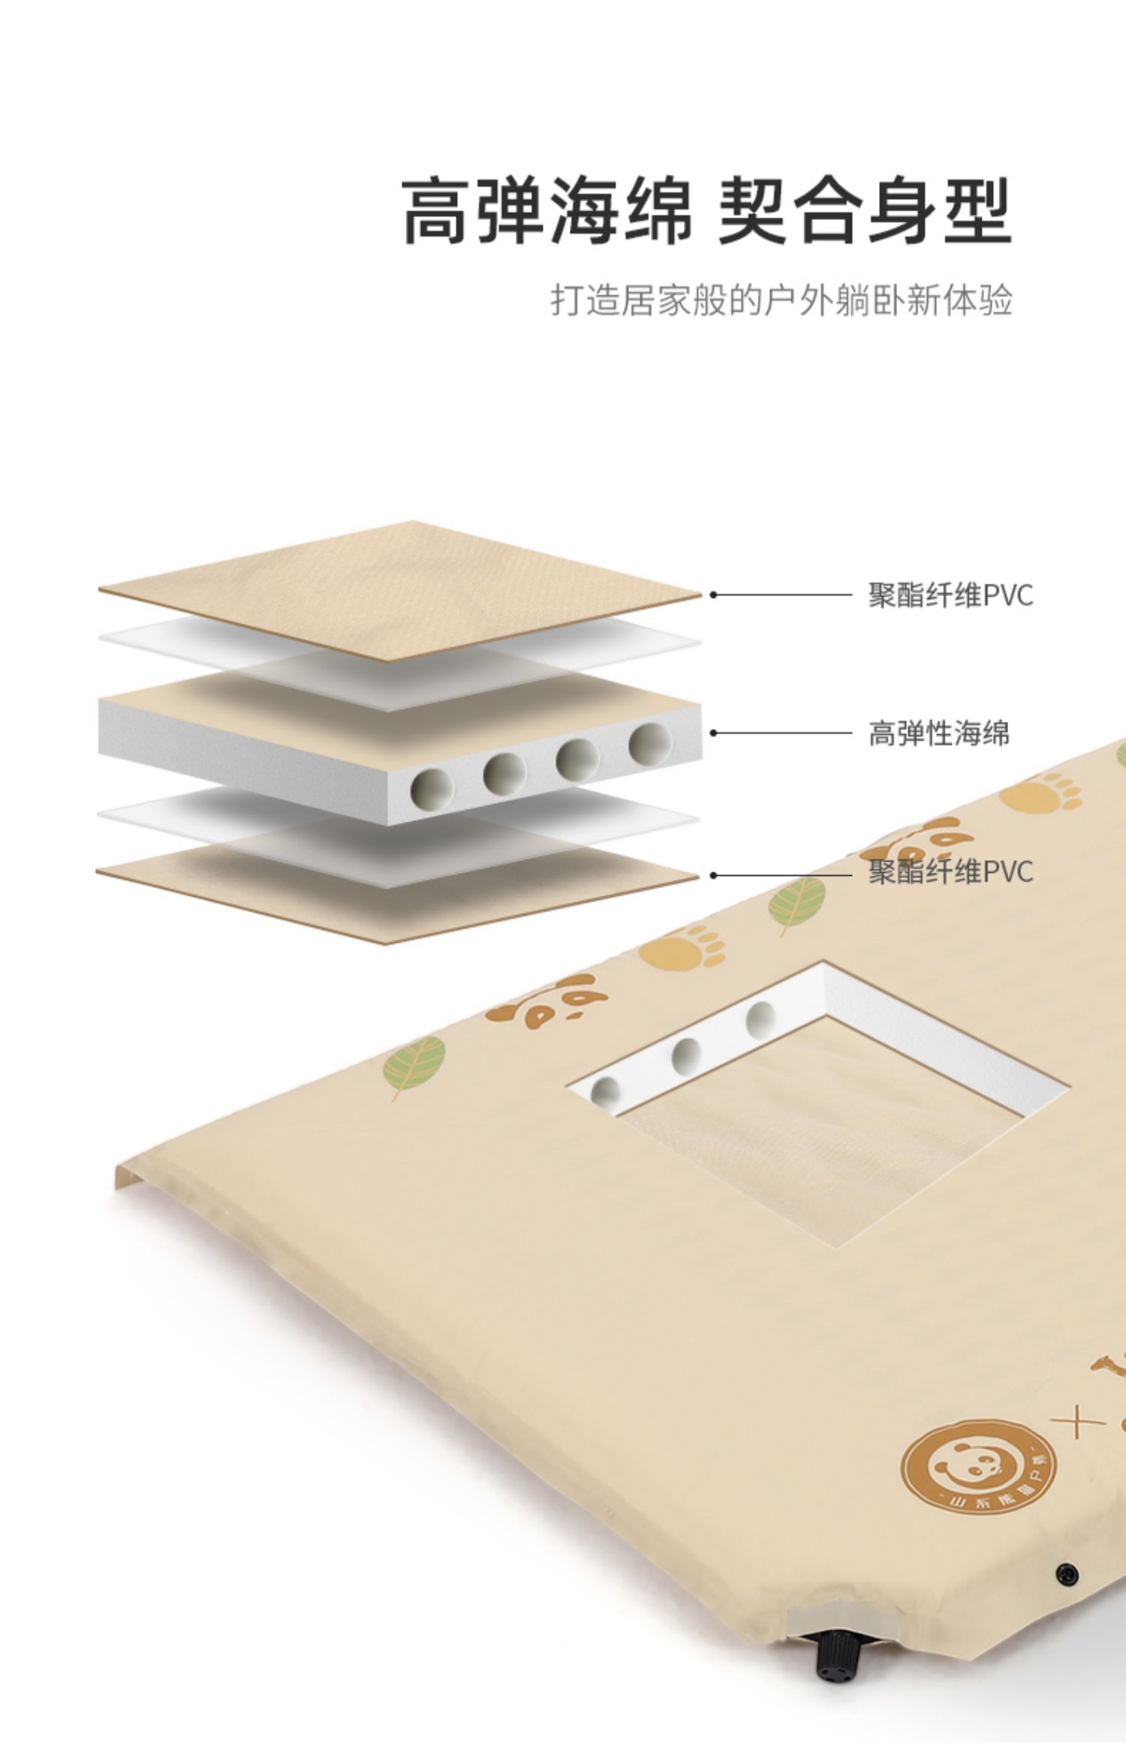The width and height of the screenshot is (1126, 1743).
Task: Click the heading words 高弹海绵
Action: coord(547,212)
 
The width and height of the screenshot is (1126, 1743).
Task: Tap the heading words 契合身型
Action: coord(865,212)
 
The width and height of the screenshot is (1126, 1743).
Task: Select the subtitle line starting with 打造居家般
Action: coord(781,300)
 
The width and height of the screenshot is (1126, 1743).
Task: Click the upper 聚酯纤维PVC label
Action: coord(950,595)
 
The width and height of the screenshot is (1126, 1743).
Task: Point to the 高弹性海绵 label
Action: coord(938,733)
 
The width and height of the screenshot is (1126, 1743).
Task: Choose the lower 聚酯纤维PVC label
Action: coord(950,872)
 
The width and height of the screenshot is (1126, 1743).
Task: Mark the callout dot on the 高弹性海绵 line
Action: coord(714,733)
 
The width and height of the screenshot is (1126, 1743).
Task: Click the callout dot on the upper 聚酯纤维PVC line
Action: coord(714,595)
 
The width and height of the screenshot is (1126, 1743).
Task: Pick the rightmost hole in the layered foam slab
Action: coord(650,744)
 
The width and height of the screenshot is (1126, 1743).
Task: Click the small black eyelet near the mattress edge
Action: coord(1067,1573)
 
